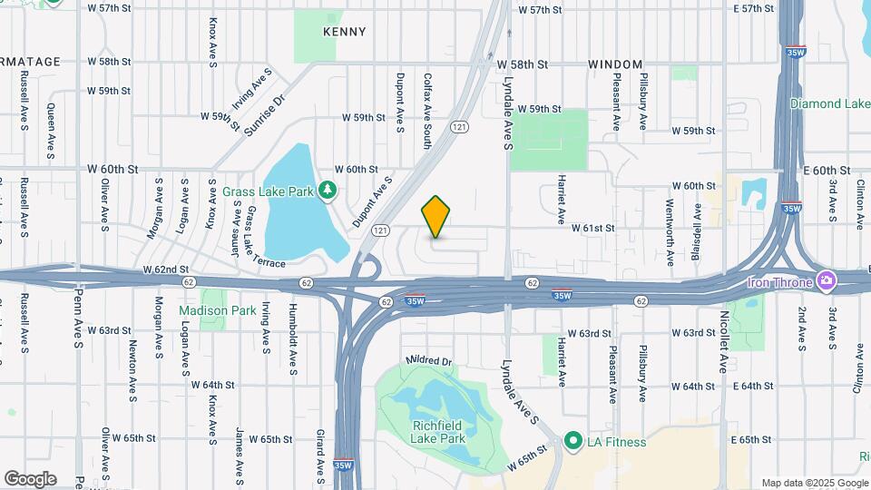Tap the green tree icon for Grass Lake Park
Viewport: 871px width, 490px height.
coord(328,191)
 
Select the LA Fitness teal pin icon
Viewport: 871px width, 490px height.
coord(573,442)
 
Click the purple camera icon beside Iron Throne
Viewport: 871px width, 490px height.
coord(826,281)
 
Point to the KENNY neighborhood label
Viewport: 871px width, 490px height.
coord(345,32)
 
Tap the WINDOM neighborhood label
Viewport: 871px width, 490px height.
coord(616,64)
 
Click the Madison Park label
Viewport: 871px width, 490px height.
coord(217,309)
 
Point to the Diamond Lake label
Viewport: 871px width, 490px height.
coord(829,103)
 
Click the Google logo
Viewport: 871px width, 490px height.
coord(30,479)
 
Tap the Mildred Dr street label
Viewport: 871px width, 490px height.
coord(429,360)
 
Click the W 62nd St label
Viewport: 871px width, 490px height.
coord(165,269)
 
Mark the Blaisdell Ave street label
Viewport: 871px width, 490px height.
coord(698,228)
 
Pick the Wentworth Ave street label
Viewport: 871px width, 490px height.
coord(670,232)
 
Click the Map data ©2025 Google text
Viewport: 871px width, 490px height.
coord(814,483)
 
